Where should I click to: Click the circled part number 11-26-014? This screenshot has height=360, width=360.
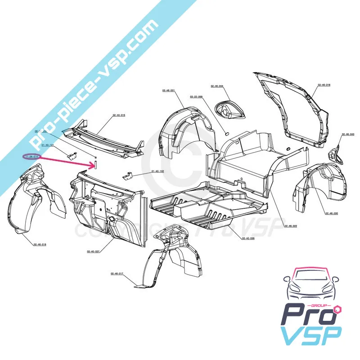click(x=32, y=156)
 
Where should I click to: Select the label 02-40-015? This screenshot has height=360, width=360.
click(x=119, y=115)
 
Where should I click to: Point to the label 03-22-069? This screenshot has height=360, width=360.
click(x=196, y=97)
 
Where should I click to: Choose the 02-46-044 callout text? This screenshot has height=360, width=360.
click(x=217, y=86)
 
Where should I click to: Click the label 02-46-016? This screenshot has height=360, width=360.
click(x=324, y=85)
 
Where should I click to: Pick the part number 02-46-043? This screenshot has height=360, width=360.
click(x=348, y=134)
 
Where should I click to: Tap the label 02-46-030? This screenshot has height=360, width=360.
click(x=331, y=213)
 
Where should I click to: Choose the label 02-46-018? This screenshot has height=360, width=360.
click(x=40, y=244)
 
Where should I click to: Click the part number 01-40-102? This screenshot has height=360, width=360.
click(x=158, y=171)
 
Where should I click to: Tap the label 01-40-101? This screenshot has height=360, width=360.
click(x=48, y=145)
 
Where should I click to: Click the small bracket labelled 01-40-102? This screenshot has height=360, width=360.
click(x=129, y=175)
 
